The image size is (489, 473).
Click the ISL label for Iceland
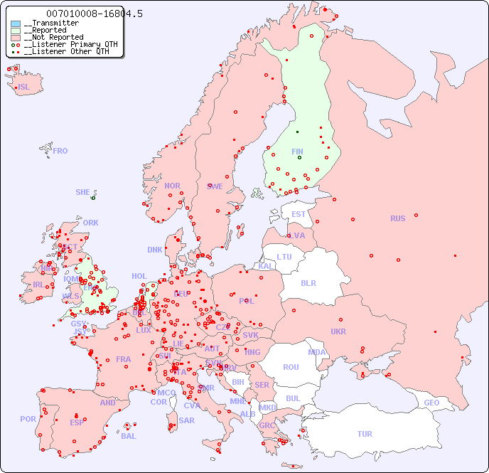click(24, 87)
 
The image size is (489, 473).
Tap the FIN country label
click(297, 152)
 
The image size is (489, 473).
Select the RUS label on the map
click(397, 218)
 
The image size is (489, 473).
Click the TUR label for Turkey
click(365, 434)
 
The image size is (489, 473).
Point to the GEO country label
click(431, 403)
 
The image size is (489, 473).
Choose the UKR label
click(338, 331)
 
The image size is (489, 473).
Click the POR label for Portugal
click(28, 419)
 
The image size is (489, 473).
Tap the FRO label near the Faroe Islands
click(60, 151)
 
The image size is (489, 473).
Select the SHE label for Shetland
click(82, 192)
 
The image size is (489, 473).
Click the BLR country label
click(308, 282)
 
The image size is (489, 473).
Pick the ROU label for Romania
click(291, 367)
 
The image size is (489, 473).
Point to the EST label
click(299, 214)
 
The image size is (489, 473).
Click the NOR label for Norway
click(172, 186)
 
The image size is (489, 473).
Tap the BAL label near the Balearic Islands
click(129, 436)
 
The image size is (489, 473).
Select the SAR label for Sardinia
click(186, 420)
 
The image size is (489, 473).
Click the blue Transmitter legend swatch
click(16, 23)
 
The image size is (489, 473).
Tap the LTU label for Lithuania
click(284, 257)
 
